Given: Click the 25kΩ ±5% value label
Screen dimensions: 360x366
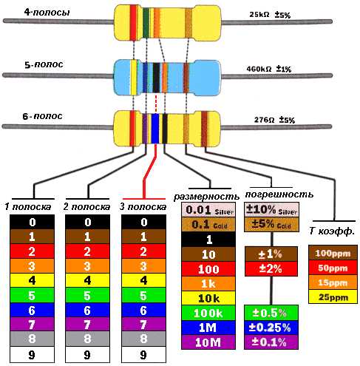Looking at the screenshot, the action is click(270, 15).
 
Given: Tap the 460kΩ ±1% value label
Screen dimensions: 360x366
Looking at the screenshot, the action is click(269, 69).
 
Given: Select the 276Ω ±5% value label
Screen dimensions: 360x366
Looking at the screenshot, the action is click(274, 120).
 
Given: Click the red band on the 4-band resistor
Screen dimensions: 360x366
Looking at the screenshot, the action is click(133, 22).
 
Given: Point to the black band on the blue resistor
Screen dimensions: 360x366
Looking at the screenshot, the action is click(156, 78).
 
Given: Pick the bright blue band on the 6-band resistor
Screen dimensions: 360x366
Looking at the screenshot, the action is click(155, 128).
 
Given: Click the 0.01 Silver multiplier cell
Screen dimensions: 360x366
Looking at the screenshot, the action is click(208, 210).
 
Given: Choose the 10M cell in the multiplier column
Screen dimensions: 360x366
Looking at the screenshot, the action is click(208, 342).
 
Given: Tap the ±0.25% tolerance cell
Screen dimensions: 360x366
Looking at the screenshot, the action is click(271, 328).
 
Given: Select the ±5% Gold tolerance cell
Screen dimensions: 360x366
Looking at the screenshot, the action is click(271, 224).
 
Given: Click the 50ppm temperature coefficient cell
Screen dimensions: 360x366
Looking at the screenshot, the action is click(333, 268).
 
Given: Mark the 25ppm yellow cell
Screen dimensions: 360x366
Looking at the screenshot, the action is click(333, 296).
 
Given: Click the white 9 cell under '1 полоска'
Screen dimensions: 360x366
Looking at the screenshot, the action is click(32, 354).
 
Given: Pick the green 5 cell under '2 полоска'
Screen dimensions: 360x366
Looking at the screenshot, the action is click(87, 295).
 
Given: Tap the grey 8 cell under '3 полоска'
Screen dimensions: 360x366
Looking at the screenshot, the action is click(143, 339).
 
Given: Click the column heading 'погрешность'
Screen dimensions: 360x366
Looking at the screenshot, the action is click(279, 194).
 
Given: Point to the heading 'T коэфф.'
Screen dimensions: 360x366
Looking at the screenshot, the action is click(332, 231).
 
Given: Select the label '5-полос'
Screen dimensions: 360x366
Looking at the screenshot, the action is click(44, 64).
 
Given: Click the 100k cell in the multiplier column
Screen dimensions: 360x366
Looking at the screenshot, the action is click(208, 313).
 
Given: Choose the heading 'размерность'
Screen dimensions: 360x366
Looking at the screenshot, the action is click(206, 197).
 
